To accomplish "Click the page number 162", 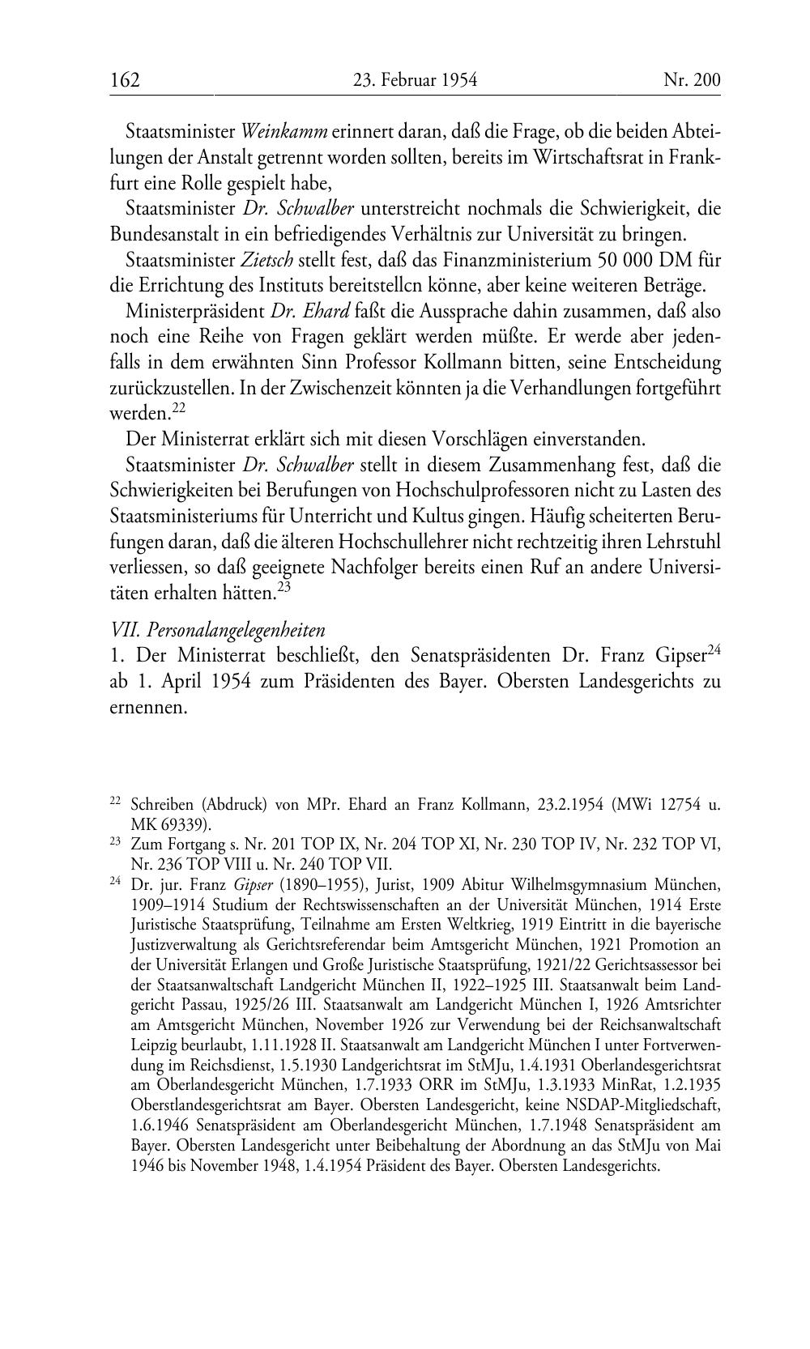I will [x=126, y=80].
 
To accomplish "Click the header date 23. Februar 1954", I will [x=415, y=80].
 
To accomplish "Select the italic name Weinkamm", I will [x=284, y=131].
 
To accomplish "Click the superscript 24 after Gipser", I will [x=714, y=649].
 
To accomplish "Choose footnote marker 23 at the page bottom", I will [x=114, y=842].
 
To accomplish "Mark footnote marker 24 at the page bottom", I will [x=114, y=883].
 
